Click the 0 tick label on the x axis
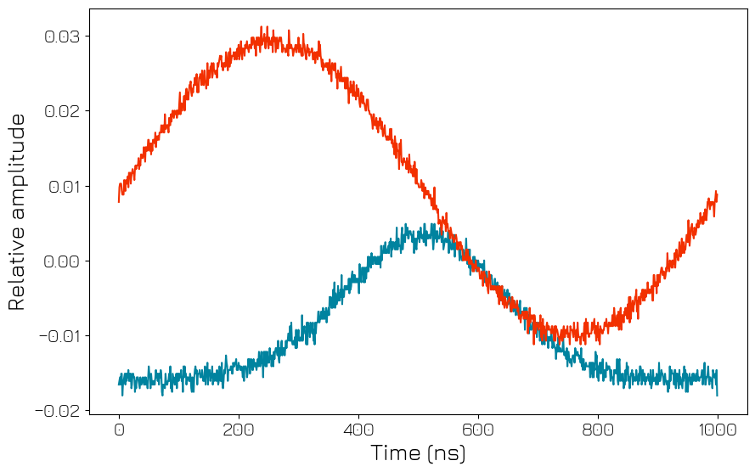119,430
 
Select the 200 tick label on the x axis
239,430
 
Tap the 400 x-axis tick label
358,430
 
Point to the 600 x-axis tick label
478,430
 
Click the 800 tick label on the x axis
598,430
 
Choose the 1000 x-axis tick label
718,430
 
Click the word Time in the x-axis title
397,453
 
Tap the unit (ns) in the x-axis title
448,453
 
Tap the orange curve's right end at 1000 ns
717,195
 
